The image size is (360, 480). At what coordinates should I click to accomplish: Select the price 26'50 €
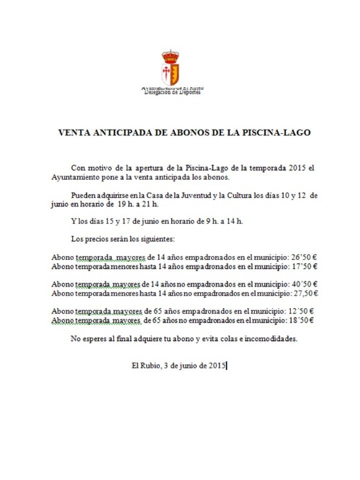[x=302, y=256]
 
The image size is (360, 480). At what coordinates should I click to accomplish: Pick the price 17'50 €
[x=302, y=266]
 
